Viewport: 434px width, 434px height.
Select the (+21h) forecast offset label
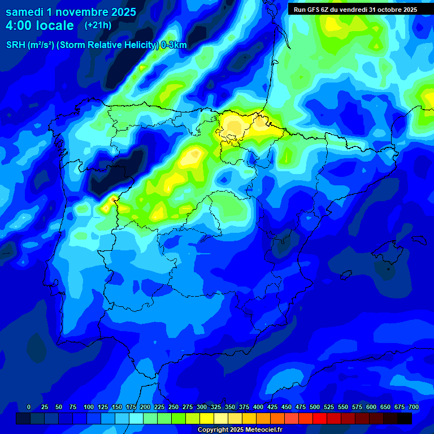pyautogui.click(x=98, y=25)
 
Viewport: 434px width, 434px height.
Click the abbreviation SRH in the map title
pyautogui.click(x=17, y=45)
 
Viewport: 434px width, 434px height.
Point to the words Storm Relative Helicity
pyautogui.click(x=108, y=45)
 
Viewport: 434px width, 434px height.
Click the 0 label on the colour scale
pyautogui.click(x=29, y=407)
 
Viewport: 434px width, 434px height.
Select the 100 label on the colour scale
pyautogui.click(x=89, y=407)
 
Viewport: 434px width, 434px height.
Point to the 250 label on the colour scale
pyautogui.click(x=173, y=407)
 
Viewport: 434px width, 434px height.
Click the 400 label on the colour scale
pyautogui.click(x=258, y=407)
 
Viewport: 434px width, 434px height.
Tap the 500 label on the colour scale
pyautogui.click(x=315, y=407)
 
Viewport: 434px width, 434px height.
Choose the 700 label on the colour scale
pyautogui.click(x=414, y=407)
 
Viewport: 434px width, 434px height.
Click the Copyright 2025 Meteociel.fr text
pyautogui.click(x=240, y=429)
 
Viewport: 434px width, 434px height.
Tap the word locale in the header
pyautogui.click(x=54, y=25)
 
